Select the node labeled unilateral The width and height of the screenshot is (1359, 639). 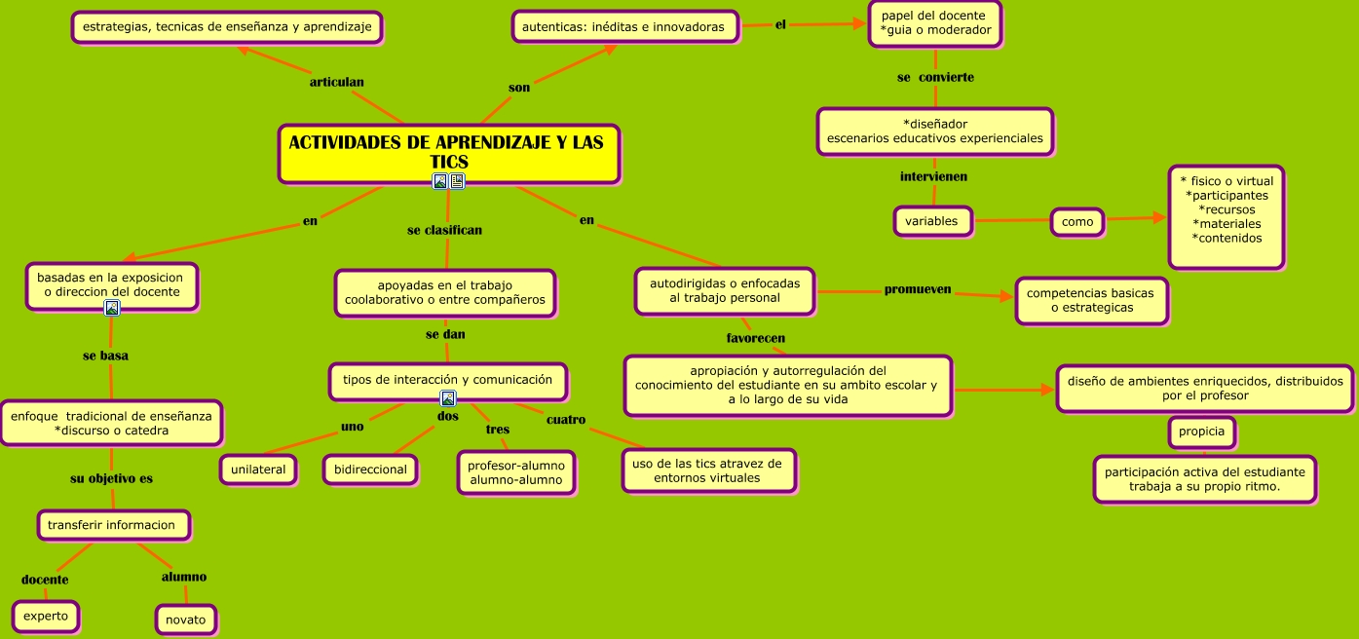258,470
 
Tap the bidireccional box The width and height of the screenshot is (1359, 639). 370,470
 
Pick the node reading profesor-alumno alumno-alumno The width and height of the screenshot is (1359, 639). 516,472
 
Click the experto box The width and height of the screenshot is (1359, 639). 46,617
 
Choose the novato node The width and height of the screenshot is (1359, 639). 185,620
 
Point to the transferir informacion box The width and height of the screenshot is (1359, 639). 112,525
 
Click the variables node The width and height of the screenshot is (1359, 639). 931,221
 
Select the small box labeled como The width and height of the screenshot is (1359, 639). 1077,222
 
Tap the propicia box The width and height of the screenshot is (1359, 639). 1201,432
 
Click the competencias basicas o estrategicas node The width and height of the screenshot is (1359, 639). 1090,300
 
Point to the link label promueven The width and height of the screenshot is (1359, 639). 918,289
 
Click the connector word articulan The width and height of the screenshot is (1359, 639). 336,82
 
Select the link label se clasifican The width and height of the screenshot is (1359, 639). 444,231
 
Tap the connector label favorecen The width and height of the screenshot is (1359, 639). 756,338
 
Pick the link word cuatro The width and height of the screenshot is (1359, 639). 566,420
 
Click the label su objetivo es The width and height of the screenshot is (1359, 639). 111,478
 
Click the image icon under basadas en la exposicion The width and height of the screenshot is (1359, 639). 112,309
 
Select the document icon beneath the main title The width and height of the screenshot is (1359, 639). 457,181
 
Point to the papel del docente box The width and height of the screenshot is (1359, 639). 935,23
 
